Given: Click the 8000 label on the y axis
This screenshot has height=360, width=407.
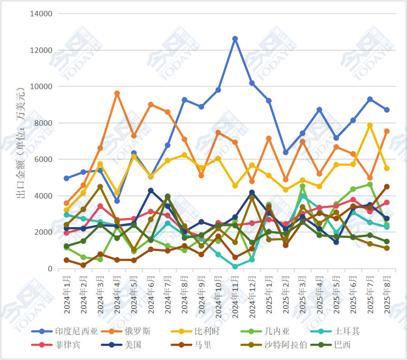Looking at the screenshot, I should click(x=44, y=123).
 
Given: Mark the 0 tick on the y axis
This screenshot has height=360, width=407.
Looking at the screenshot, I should click(x=50, y=269).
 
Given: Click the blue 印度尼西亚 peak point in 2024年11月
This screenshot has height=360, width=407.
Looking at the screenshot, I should click(x=235, y=39).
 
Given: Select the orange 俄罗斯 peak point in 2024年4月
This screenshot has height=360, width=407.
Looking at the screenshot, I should click(x=117, y=94).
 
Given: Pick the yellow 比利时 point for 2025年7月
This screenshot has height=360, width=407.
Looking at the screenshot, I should click(x=370, y=125).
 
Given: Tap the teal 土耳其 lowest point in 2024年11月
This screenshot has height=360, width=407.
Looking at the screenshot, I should click(x=235, y=267).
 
